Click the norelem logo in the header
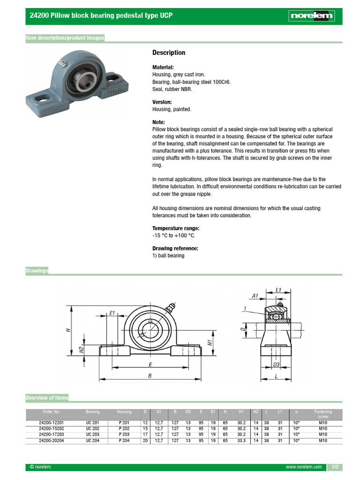tap(311, 16)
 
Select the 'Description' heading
tap(169, 52)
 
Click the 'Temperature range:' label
tap(172, 228)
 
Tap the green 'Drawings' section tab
tap(37, 271)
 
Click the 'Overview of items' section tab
tap(47, 398)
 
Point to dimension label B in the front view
tap(150, 376)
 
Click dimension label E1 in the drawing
tap(112, 313)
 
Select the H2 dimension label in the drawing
tap(81, 350)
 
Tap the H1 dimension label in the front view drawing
tap(210, 342)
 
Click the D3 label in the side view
tap(277, 364)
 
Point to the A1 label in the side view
tap(255, 296)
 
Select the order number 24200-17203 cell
tap(51, 434)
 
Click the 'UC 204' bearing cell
tap(92, 440)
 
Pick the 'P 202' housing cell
tap(124, 428)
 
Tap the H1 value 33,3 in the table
tap(241, 440)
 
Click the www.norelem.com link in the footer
tap(304, 467)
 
